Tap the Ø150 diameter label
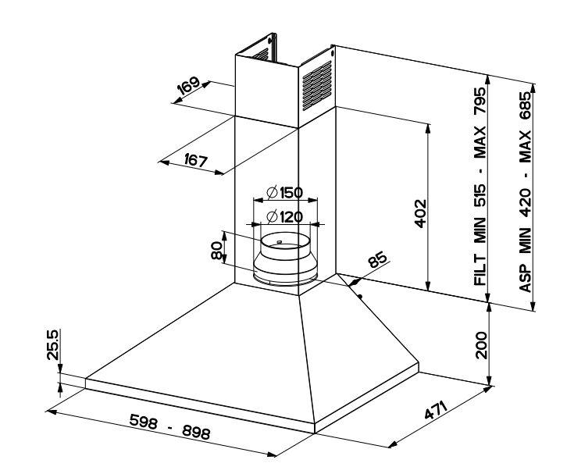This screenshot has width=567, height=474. [283, 193]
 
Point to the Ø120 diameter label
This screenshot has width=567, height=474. [283, 217]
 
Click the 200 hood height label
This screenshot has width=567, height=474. [480, 344]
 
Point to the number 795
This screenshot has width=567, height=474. [480, 102]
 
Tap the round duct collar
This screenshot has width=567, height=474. [287, 257]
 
